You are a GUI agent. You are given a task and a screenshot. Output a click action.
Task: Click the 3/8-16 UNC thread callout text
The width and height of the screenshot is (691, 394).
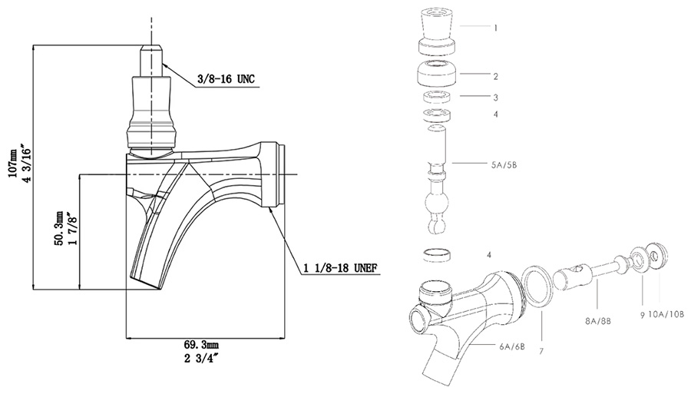[226, 79]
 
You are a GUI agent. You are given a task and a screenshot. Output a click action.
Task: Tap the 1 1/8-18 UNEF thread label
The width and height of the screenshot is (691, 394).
[340, 267]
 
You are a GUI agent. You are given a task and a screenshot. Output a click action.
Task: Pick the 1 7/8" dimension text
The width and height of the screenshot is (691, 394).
[72, 229]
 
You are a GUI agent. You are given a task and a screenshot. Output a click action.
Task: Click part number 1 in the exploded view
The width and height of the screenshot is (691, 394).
[496, 28]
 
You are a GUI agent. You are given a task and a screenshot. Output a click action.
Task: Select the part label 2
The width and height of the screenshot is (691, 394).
[496, 76]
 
